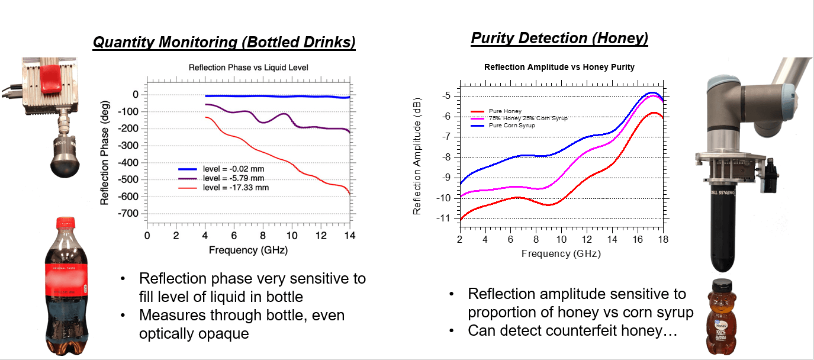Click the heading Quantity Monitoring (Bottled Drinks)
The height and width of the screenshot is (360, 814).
pyautogui.click(x=224, y=43)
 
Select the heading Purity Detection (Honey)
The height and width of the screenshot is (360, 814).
pyautogui.click(x=559, y=38)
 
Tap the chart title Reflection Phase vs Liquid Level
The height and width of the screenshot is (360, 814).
pyautogui.click(x=248, y=67)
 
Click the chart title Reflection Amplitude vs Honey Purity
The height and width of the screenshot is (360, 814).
pyautogui.click(x=559, y=67)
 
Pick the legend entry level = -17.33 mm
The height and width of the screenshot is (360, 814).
pyautogui.click(x=234, y=187)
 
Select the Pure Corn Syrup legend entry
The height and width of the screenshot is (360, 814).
pyautogui.click(x=511, y=126)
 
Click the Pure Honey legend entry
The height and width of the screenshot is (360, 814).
pyautogui.click(x=505, y=111)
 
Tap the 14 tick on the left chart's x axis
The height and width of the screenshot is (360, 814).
pyautogui.click(x=349, y=235)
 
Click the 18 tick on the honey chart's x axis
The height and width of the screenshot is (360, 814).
pyautogui.click(x=663, y=239)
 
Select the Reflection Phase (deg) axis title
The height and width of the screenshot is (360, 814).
pyautogui.click(x=105, y=152)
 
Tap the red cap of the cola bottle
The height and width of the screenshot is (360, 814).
pyautogui.click(x=65, y=223)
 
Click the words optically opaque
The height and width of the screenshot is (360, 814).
pyautogui.click(x=194, y=333)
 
